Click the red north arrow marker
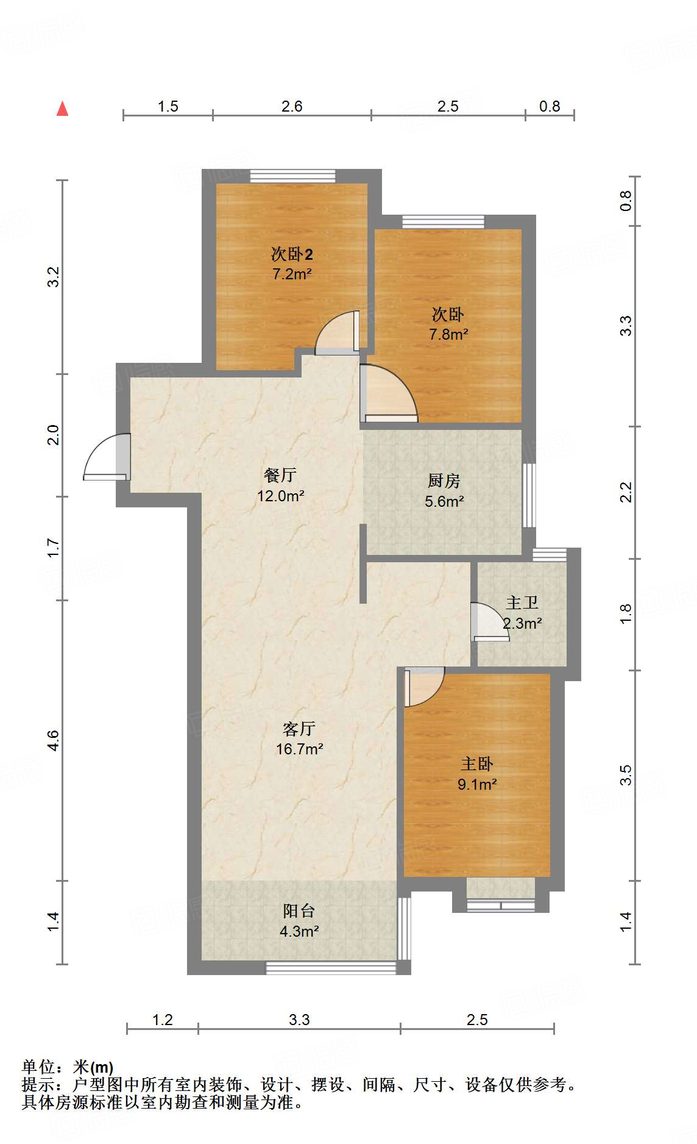(x=62, y=109)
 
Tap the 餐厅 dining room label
(x=280, y=475)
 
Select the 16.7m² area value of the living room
(x=299, y=749)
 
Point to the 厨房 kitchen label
(x=444, y=481)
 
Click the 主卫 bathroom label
(x=522, y=603)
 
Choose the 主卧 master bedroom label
(x=476, y=764)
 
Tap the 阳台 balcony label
(x=299, y=911)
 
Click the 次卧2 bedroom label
(x=292, y=254)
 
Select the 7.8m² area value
(x=448, y=334)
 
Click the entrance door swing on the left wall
(x=107, y=457)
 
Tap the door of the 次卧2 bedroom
(x=337, y=333)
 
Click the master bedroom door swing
(x=424, y=687)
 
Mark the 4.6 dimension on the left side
(x=53, y=740)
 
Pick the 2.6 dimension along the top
(x=292, y=106)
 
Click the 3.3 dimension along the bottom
(x=299, y=1020)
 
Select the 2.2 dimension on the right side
(x=626, y=492)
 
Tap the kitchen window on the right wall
(x=529, y=495)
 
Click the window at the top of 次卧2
(x=292, y=176)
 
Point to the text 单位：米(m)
(x=68, y=1067)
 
